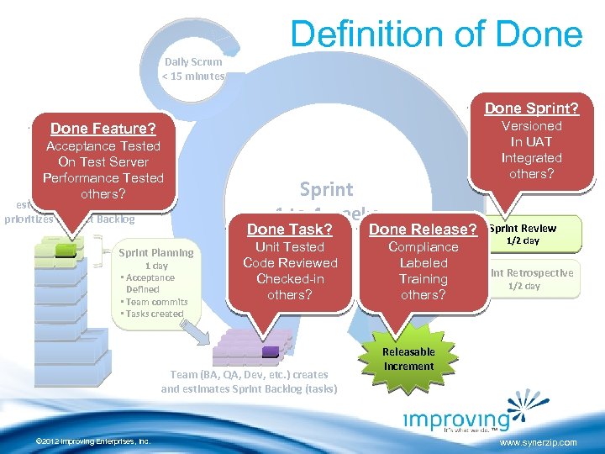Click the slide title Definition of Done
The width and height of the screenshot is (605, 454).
436,34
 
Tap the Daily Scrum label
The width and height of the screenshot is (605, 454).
194,61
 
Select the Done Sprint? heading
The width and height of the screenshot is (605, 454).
531,108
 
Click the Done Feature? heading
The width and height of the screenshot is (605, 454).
103,129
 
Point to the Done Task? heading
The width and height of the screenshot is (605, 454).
290,229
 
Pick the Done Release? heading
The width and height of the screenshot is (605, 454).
423,229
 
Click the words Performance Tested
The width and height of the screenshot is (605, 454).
103,177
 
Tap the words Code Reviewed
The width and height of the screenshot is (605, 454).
290,262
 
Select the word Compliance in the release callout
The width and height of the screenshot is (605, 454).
423,246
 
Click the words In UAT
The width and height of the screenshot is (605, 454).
531,141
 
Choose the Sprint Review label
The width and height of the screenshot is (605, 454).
523,228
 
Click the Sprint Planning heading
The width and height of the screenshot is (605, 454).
156,252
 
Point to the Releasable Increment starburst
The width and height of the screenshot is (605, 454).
408,358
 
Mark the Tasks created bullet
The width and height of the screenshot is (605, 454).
152,314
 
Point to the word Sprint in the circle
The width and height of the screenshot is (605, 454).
326,189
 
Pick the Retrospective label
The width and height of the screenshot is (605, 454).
537,272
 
